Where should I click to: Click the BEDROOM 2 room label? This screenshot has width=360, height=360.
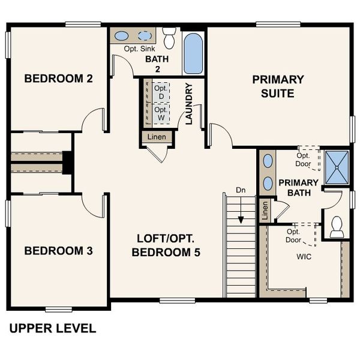(x=58, y=79)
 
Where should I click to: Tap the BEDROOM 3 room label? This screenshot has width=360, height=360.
(x=58, y=251)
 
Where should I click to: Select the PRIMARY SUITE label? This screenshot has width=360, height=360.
(x=277, y=86)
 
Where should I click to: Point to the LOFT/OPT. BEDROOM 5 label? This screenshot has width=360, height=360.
(x=166, y=245)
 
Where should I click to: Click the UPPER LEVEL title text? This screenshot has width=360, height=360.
(x=52, y=328)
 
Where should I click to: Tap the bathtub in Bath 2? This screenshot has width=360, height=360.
(x=193, y=53)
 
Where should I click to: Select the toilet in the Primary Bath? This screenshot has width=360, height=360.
(x=337, y=226)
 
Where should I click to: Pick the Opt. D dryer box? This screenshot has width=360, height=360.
(x=160, y=93)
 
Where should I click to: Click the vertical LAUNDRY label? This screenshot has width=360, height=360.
(x=188, y=103)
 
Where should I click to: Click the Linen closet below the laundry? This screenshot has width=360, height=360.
(x=157, y=137)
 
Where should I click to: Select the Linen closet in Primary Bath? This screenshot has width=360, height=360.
(x=265, y=211)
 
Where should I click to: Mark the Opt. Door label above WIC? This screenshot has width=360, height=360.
(x=293, y=235)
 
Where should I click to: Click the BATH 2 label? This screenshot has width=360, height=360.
(x=158, y=64)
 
